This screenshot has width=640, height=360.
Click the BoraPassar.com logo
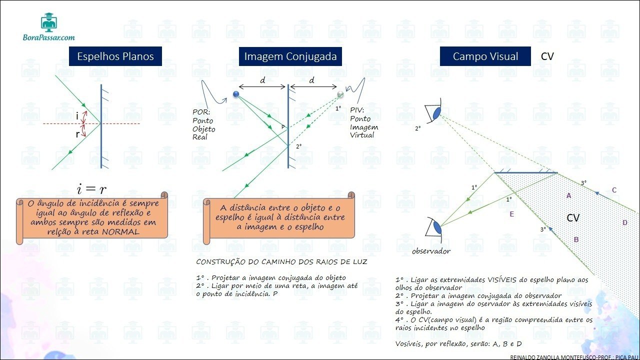[x=49, y=27]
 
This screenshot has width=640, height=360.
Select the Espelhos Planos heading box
[x=115, y=56]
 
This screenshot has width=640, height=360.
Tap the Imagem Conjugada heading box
[x=290, y=56]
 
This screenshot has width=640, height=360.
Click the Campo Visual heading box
[x=485, y=56]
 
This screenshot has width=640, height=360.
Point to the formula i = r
[x=91, y=188]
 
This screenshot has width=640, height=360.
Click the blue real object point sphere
[x=236, y=94]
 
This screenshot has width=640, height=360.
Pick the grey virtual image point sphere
[x=340, y=94]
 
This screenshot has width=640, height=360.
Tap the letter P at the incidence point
[x=283, y=127]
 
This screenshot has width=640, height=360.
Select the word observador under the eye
[x=431, y=251]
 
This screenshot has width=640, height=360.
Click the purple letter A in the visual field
[x=568, y=196]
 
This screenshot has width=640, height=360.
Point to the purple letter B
[x=576, y=240]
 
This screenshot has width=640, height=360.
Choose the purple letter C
[x=614, y=190]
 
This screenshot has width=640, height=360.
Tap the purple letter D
[x=624, y=222]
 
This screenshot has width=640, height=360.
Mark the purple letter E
[x=511, y=214]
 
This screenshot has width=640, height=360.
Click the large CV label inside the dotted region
[x=573, y=218]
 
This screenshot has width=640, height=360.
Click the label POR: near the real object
[x=202, y=111]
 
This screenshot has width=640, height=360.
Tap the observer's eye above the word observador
[x=436, y=227]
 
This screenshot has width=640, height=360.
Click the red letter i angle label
[x=77, y=115]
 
